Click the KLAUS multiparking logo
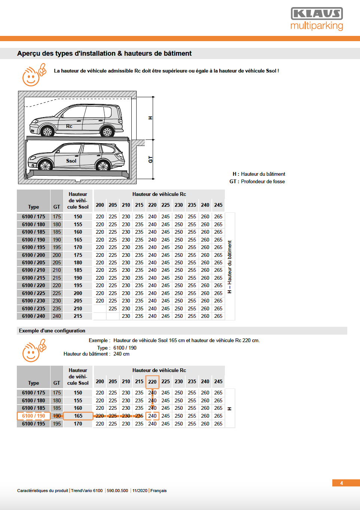coord(317,19)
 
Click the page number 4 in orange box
coord(341,483)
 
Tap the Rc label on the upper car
coord(69,126)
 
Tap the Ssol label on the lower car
coord(71,161)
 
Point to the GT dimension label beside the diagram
coord(150,160)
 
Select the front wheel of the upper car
coord(48,131)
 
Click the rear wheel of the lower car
coord(103,166)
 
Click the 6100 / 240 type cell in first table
coord(33,316)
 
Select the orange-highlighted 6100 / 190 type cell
coord(33,416)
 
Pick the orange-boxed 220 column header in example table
coord(152,382)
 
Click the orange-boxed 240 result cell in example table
coord(152,416)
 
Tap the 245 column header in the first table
coord(218,205)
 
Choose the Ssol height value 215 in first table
coord(78,316)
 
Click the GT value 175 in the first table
coord(57,216)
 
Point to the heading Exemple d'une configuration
coord(52,331)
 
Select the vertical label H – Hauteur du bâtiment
coord(230,267)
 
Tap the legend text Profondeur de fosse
coord(263,182)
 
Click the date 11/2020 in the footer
coord(140,491)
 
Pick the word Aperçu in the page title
coord(28,53)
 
